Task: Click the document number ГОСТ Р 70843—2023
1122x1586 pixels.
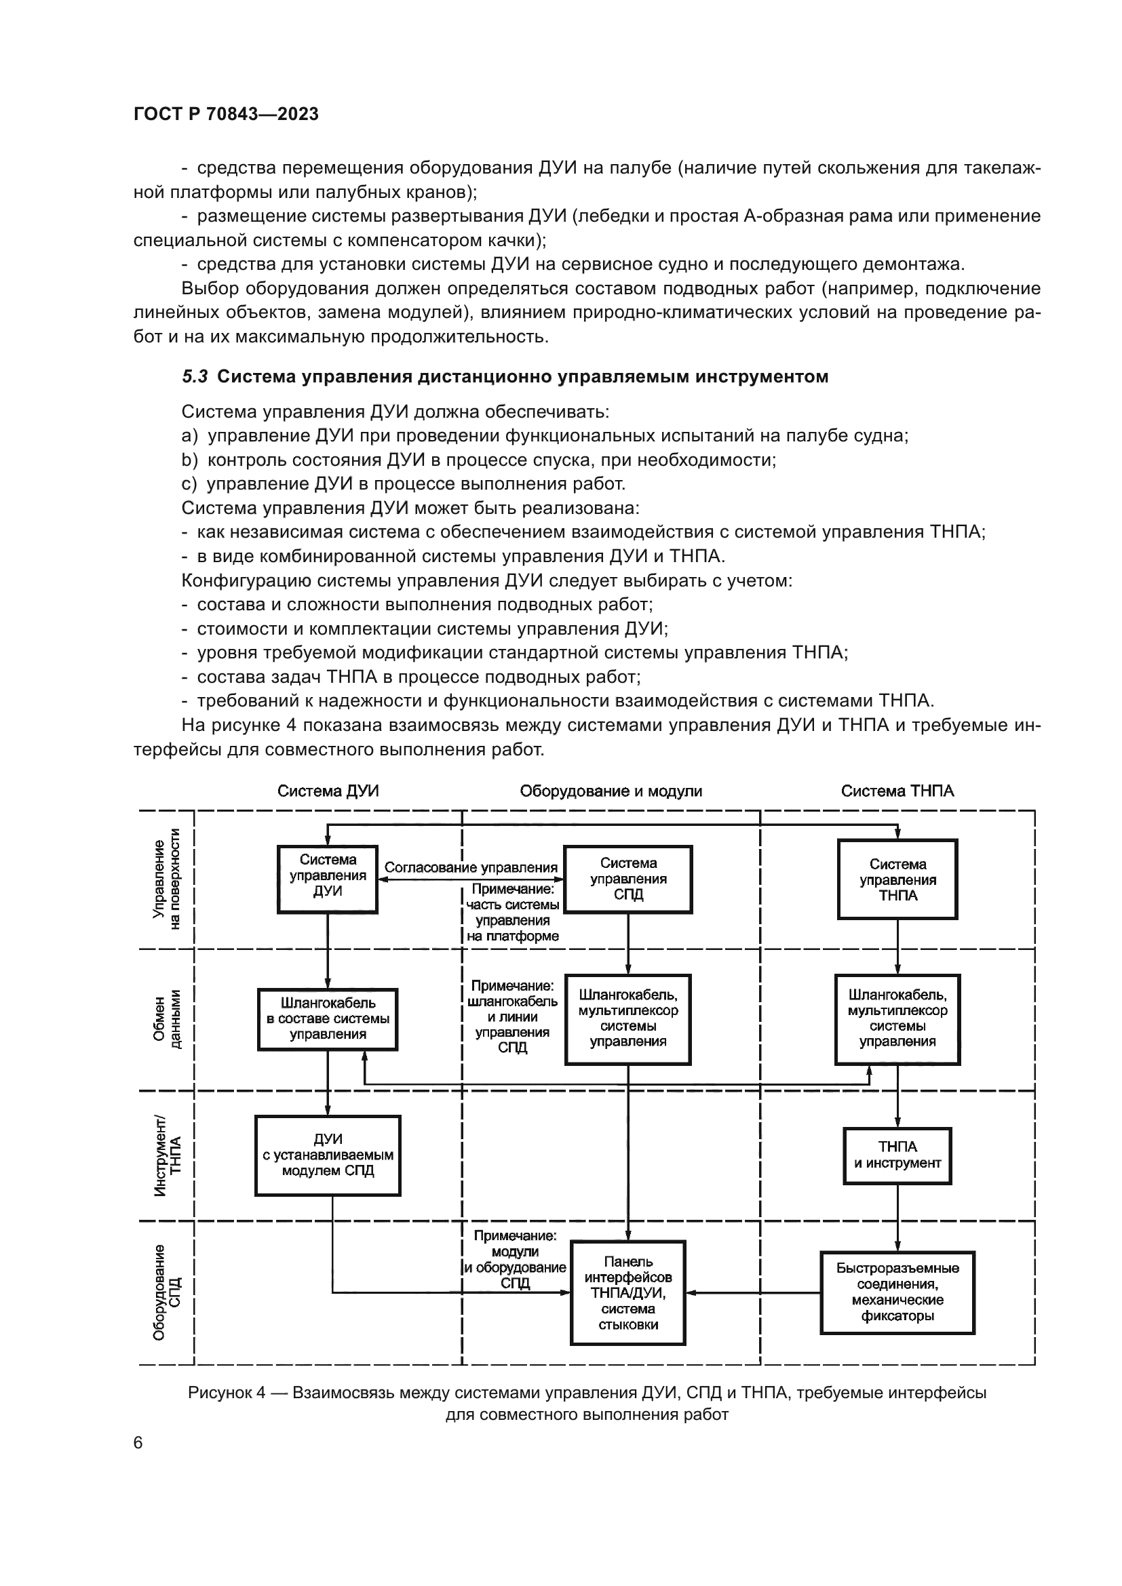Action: [226, 114]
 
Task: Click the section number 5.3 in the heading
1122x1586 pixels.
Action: [195, 376]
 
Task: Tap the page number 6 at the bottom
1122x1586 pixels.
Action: [138, 1442]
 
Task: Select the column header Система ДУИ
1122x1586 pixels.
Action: [328, 791]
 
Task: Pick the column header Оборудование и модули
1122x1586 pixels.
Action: [611, 791]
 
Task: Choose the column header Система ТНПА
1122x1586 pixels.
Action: [897, 791]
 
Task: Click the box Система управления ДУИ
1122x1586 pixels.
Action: [328, 879]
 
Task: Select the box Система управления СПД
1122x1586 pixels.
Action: [628, 879]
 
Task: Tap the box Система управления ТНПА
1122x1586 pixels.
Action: [897, 879]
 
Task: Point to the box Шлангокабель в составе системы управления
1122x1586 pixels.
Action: [328, 1019]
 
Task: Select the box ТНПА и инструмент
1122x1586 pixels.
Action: [897, 1155]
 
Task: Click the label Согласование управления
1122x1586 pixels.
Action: [471, 868]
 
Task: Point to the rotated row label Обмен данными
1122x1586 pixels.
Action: [166, 1019]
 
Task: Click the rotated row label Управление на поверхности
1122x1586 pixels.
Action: [166, 879]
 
